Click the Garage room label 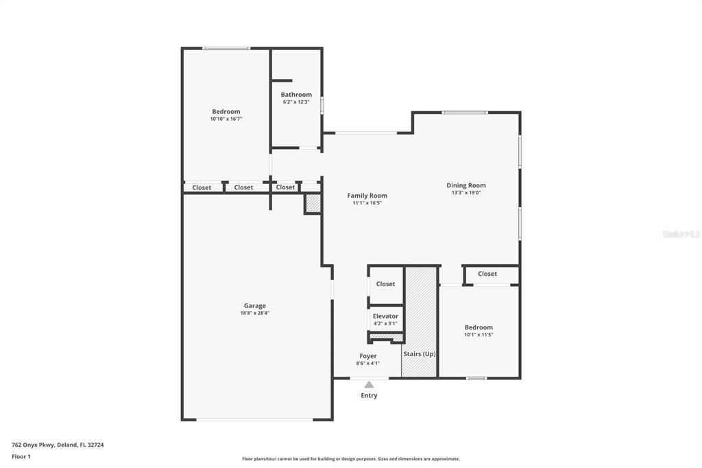coord(255,306)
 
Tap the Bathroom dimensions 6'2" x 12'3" coord(296,102)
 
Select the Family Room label coord(367,196)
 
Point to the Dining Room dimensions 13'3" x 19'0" coord(466,193)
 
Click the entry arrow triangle coord(369,384)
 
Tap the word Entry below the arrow coord(369,395)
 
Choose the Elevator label coord(385,316)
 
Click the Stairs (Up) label coord(420,353)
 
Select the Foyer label coord(368,356)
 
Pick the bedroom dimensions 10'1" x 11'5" coord(479,335)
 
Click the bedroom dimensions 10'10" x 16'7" coord(226,119)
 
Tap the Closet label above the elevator coord(385,284)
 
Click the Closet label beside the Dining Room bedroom coord(487,273)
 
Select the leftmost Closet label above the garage coord(202,187)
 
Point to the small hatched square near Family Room coord(313,204)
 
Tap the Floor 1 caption coord(21,457)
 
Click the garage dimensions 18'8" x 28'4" coord(255,314)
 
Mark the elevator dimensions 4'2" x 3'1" coord(385,324)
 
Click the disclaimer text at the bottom coord(351,459)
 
